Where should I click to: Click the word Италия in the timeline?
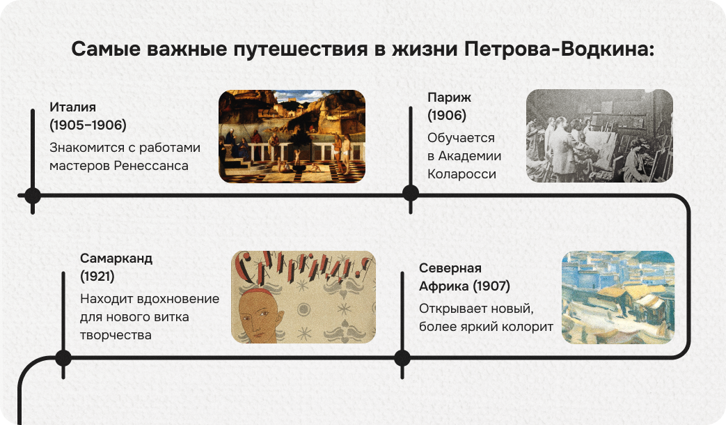click(x=72, y=107)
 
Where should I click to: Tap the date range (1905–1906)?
click(x=88, y=125)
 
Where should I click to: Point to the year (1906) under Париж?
click(x=447, y=115)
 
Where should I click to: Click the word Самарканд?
click(x=116, y=258)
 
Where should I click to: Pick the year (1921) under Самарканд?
click(x=97, y=277)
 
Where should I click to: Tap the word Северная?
click(x=450, y=268)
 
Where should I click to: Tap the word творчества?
click(x=116, y=335)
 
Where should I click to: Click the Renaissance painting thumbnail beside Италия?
click(x=292, y=137)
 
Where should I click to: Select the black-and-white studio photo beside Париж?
click(x=599, y=136)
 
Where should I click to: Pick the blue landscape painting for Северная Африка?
click(x=617, y=297)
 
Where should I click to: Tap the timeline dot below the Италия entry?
click(x=32, y=195)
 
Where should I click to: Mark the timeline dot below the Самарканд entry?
click(x=63, y=358)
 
